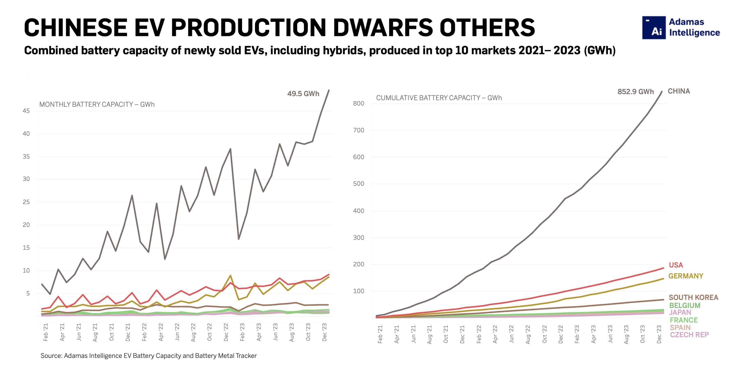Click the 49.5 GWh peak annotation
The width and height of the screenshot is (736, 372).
point(303,94)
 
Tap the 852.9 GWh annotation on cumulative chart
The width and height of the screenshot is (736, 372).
point(635,92)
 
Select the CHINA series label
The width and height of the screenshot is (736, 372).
point(678,91)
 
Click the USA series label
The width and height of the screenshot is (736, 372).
point(676,265)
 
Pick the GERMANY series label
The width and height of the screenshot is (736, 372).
point(685,276)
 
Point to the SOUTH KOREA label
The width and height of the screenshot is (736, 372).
point(693,297)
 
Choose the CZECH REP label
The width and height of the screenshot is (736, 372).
point(689,335)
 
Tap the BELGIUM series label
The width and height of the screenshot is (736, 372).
point(685,305)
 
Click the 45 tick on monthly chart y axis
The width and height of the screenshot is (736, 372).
point(26,111)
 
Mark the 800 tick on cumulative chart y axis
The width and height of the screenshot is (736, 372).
point(359,103)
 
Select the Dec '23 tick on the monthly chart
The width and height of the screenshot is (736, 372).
point(325,333)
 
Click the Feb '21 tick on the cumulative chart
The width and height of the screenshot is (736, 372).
point(380,334)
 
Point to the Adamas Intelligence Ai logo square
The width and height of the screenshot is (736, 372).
point(654,28)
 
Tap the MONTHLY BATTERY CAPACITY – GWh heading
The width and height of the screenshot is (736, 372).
point(97,104)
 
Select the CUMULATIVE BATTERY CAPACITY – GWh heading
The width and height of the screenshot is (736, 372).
point(439,98)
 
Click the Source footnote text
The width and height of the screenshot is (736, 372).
point(148,356)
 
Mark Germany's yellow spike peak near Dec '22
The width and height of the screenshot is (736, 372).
point(230,276)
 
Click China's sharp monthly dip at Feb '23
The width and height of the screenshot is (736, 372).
point(238,239)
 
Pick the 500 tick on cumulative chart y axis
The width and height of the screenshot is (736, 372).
point(359,184)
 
